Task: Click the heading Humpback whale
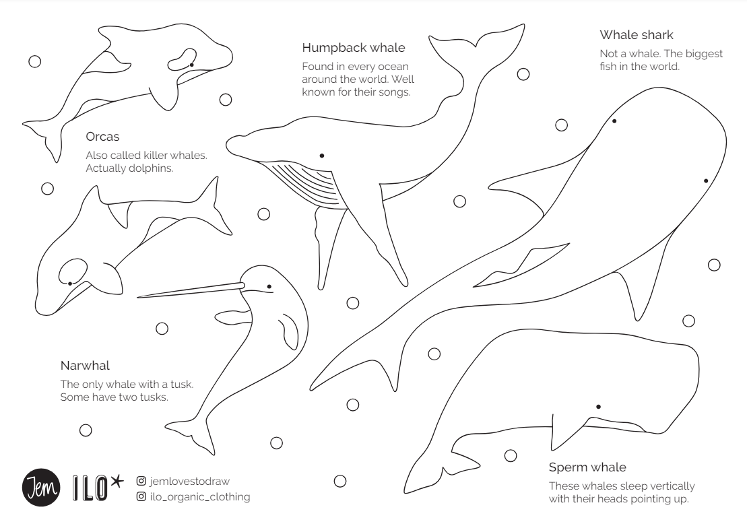pyautogui.click(x=354, y=48)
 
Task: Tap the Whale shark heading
pyautogui.click(x=636, y=35)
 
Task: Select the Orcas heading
pyautogui.click(x=102, y=137)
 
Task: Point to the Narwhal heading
pyautogui.click(x=85, y=366)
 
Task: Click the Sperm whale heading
pyautogui.click(x=587, y=467)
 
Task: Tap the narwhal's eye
pyautogui.click(x=269, y=286)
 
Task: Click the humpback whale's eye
pyautogui.click(x=322, y=156)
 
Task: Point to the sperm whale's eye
pyautogui.click(x=598, y=407)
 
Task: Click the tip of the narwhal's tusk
pyautogui.click(x=137, y=297)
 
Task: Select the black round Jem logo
pyautogui.click(x=41, y=488)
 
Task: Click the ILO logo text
pyautogui.click(x=90, y=488)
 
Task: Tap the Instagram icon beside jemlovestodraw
pyautogui.click(x=141, y=481)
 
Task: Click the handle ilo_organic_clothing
pyautogui.click(x=199, y=496)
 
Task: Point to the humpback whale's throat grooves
pyautogui.click(x=310, y=183)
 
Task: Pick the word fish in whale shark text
pyautogui.click(x=608, y=66)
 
